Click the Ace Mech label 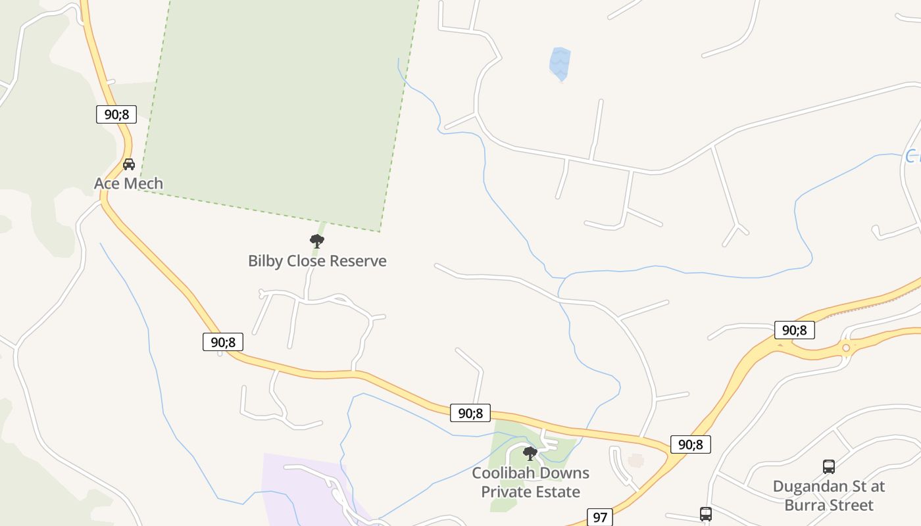(x=128, y=183)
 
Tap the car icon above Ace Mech (x=129, y=164)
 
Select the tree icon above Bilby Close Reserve (x=317, y=241)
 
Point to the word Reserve (x=358, y=261)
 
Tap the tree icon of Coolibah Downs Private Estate (x=530, y=453)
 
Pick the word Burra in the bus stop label (x=803, y=506)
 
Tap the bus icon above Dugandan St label (x=829, y=467)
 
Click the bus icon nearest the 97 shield (x=706, y=514)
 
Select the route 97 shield (x=599, y=517)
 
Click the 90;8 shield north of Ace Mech (x=116, y=114)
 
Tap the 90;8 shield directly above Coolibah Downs (x=470, y=413)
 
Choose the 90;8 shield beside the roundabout (x=794, y=330)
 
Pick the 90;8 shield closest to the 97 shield (x=691, y=444)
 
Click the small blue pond (x=560, y=64)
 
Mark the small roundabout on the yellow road (x=846, y=347)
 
